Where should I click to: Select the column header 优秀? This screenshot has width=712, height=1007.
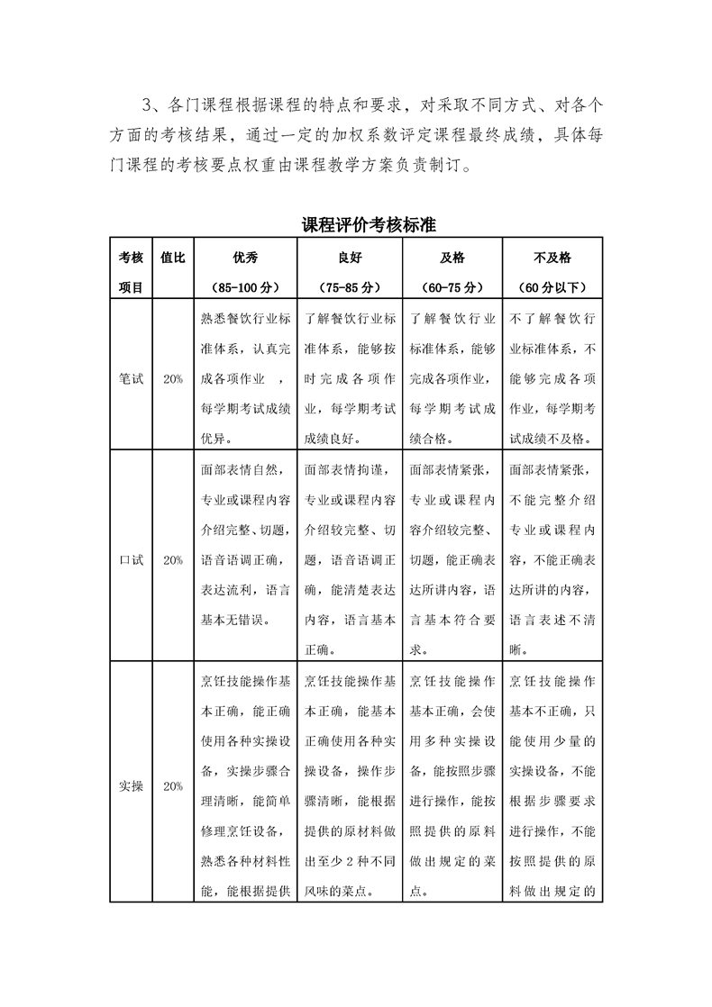point(245,257)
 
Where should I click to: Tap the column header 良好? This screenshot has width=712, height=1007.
point(350,257)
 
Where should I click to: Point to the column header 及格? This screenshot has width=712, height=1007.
point(452,257)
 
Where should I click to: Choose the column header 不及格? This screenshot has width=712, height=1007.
point(552,257)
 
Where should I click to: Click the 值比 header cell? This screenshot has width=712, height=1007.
point(172,257)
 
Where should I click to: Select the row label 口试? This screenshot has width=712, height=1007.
point(131,559)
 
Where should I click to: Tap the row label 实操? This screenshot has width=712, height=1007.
point(131,785)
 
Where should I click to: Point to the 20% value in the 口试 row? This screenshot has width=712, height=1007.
point(172,559)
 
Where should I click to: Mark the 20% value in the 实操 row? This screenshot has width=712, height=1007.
point(172,785)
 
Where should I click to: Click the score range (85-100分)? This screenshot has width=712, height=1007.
point(245,288)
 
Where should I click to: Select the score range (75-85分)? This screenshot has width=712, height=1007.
point(350,288)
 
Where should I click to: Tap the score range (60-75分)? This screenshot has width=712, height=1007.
point(452,288)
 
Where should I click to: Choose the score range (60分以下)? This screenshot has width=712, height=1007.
point(552,288)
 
